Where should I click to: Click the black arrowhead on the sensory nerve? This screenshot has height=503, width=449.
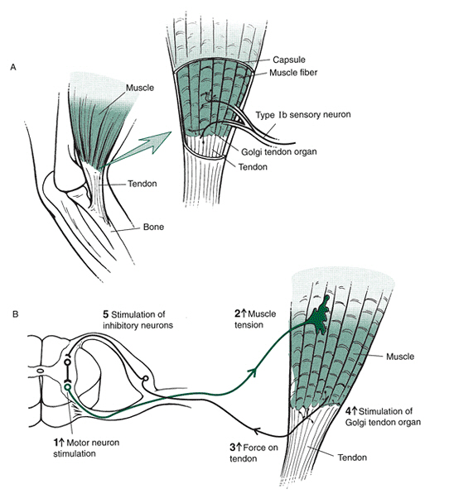258,429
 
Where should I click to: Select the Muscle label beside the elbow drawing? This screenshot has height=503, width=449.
141,86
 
